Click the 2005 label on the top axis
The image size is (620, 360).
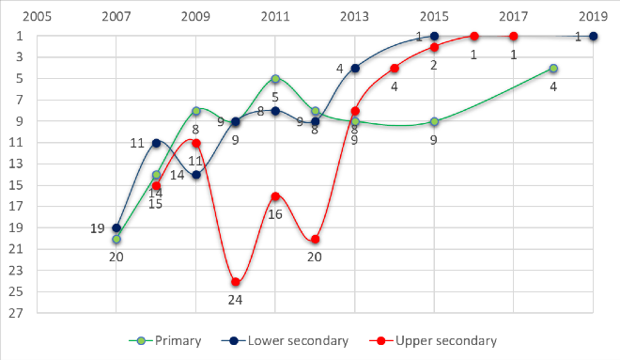37,16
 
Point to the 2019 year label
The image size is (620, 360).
593,16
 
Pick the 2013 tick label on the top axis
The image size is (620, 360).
355,16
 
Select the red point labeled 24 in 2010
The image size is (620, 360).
236,282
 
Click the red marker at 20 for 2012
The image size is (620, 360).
316,240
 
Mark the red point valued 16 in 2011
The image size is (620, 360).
275,196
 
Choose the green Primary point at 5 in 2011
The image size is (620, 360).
275,79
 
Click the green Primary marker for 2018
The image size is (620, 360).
553,69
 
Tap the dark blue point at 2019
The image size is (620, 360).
593,37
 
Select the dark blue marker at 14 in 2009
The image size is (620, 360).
196,175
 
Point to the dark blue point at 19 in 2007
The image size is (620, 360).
116,228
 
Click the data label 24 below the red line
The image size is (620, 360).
236,300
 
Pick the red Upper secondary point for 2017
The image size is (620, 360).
513,37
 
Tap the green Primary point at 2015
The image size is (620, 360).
434,121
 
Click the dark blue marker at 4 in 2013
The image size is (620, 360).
355,69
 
